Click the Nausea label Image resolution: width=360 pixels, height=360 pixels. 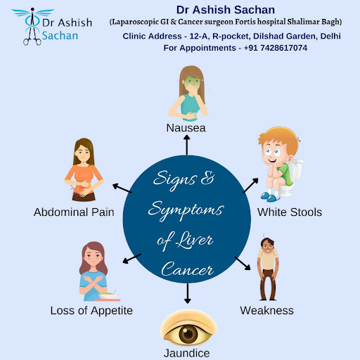click(x=186, y=128)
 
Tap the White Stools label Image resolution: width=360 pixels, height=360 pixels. click(x=290, y=212)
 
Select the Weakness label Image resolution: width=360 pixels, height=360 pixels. click(x=266, y=311)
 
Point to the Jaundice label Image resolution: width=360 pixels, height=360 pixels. click(x=186, y=353)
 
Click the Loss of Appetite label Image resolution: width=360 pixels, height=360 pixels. click(x=91, y=311)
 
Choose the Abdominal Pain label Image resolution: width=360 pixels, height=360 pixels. click(x=74, y=212)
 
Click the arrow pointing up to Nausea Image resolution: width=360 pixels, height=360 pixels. click(x=187, y=145)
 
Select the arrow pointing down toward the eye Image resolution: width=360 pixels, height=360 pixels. click(x=187, y=293)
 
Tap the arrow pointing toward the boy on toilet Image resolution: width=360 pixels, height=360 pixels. click(x=251, y=185)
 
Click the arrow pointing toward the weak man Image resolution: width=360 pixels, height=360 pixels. click(x=243, y=264)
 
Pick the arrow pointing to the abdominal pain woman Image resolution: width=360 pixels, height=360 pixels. click(x=122, y=188)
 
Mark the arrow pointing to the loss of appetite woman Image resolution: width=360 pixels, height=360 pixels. click(x=131, y=259)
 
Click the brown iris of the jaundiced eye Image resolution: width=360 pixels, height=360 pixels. click(x=188, y=334)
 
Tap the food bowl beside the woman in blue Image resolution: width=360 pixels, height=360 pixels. click(x=108, y=296)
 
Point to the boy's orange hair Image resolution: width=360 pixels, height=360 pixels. click(x=279, y=139)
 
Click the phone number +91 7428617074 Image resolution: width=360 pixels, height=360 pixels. click(x=276, y=48)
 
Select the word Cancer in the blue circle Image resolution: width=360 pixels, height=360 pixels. click(x=187, y=269)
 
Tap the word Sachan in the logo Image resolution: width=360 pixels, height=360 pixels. click(x=60, y=36)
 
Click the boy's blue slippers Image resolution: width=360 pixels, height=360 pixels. click(x=270, y=197)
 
